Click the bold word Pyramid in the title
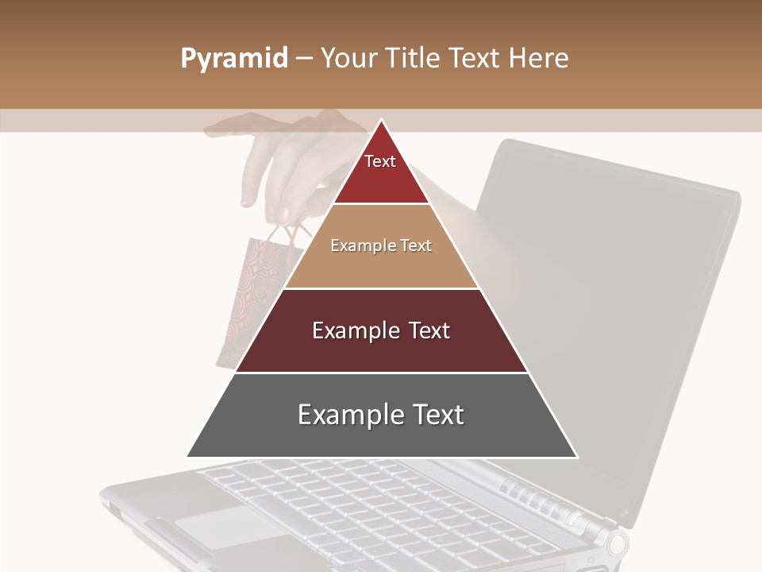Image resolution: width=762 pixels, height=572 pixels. (x=234, y=59)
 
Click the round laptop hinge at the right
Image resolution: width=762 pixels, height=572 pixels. (x=616, y=544)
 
